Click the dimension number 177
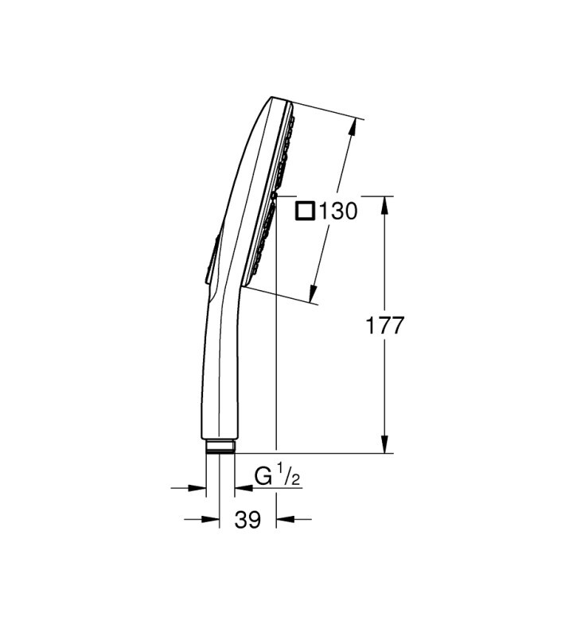(384, 325)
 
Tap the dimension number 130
(337, 211)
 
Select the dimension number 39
(248, 519)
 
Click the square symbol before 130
(306, 211)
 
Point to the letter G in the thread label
(263, 476)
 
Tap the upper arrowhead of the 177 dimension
(384, 205)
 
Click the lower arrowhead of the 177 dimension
(384, 444)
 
